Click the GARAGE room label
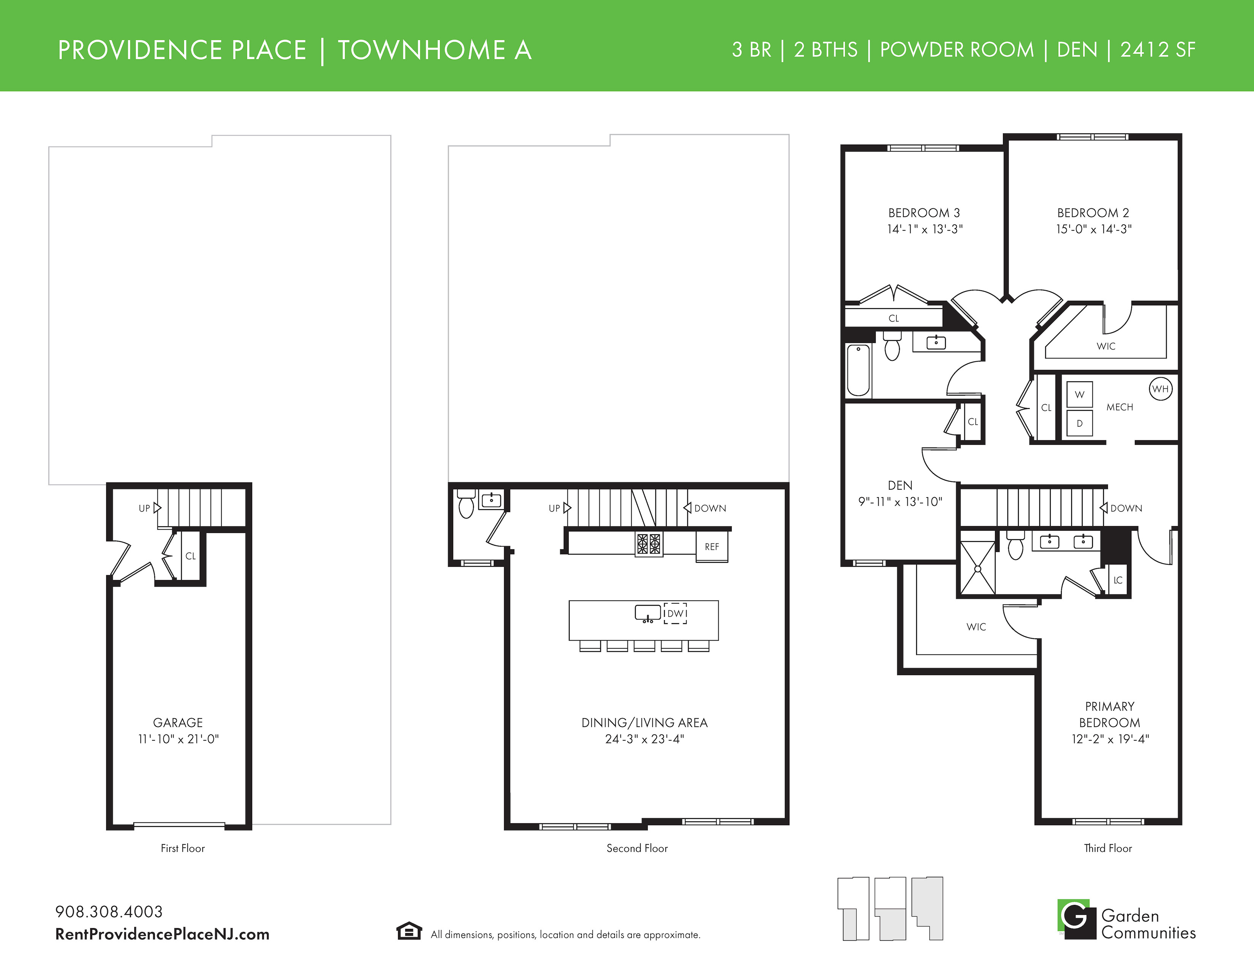(x=178, y=722)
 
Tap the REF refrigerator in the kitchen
(x=712, y=546)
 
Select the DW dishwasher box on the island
(x=675, y=613)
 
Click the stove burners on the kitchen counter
(x=649, y=543)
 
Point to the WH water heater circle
(x=1161, y=389)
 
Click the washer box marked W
(x=1080, y=394)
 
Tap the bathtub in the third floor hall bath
(x=858, y=370)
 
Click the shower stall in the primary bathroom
(x=978, y=568)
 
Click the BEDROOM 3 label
(x=924, y=212)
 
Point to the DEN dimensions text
(x=900, y=502)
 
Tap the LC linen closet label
(x=1118, y=580)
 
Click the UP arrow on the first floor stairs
(x=157, y=508)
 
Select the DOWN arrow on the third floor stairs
(x=1103, y=508)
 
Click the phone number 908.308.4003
(x=109, y=912)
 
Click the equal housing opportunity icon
(x=409, y=931)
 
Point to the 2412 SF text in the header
(x=1157, y=50)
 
